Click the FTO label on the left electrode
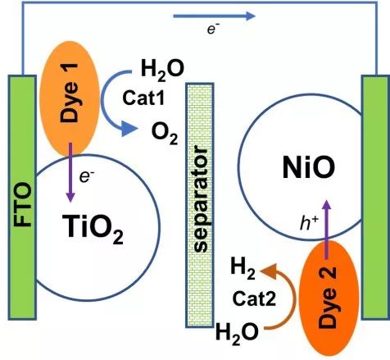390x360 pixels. click(23, 204)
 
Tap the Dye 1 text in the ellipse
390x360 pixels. click(69, 93)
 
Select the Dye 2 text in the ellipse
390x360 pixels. click(328, 298)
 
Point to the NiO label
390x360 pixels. click(309, 167)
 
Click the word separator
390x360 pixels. click(202, 198)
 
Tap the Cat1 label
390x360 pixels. click(143, 98)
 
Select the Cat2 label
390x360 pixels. click(254, 298)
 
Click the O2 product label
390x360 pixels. click(165, 134)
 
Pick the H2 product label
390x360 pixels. click(243, 269)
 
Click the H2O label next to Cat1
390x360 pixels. click(162, 71)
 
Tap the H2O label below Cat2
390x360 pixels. click(237, 333)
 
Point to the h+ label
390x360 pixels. click(309, 224)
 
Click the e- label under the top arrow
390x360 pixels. click(213, 30)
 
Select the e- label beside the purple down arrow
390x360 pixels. click(87, 177)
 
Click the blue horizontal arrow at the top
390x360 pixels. click(215, 16)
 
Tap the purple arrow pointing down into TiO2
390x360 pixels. click(70, 172)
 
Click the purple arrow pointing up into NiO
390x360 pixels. click(326, 229)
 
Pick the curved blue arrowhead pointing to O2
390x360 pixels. click(129, 129)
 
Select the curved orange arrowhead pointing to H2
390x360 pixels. click(269, 271)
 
